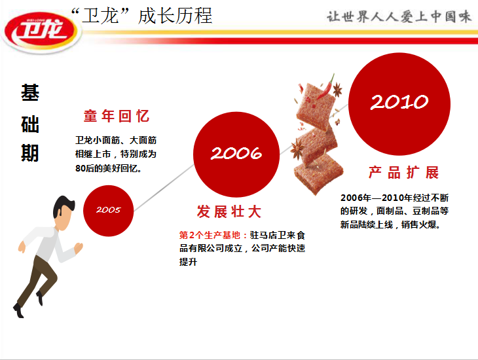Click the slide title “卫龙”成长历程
(141, 16)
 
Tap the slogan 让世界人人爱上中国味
(399, 16)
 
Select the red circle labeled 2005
(108, 211)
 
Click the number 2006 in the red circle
(236, 153)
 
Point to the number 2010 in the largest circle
(399, 102)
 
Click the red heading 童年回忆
(117, 116)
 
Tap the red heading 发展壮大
(229, 211)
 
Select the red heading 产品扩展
(403, 173)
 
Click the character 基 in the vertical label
(30, 93)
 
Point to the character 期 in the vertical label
(30, 153)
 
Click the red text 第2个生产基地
(210, 235)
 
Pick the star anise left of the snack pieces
(297, 149)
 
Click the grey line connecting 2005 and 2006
(164, 188)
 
